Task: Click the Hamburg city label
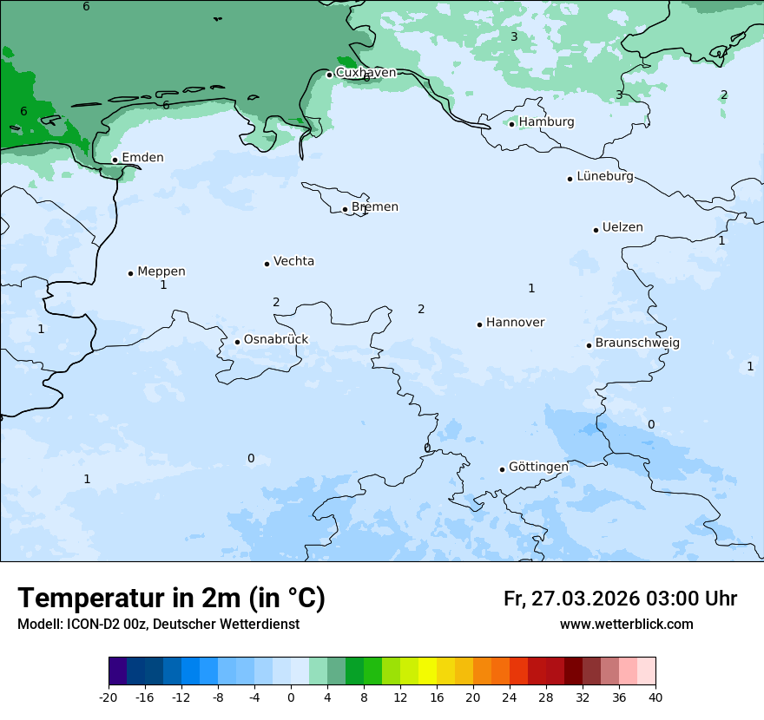click(x=546, y=122)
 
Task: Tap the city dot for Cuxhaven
click(x=329, y=75)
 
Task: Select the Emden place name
click(x=142, y=158)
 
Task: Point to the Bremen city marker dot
click(x=345, y=209)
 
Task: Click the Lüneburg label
click(x=604, y=177)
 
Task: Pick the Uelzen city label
click(x=622, y=228)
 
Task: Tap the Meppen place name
click(x=161, y=272)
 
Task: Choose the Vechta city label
click(x=293, y=261)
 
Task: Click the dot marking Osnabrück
click(x=237, y=342)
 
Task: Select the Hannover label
click(x=515, y=323)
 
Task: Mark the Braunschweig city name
click(x=637, y=344)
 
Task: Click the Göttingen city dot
click(x=502, y=469)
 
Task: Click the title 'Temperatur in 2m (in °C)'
click(x=171, y=599)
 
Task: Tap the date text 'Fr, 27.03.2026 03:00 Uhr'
click(x=620, y=599)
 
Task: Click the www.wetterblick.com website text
click(x=626, y=625)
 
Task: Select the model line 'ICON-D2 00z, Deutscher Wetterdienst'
click(x=158, y=625)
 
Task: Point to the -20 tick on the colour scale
click(x=109, y=697)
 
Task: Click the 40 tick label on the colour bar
click(x=655, y=697)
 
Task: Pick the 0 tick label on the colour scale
click(x=291, y=697)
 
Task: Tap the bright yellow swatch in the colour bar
click(x=427, y=671)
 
